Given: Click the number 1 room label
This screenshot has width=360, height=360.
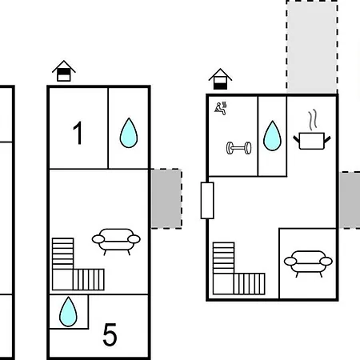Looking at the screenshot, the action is point(78,133).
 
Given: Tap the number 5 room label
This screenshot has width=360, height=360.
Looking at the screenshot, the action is point(110,334).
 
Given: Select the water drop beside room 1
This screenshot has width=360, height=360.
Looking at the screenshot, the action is point(129,133).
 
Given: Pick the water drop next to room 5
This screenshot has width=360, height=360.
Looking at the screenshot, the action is point(68,311).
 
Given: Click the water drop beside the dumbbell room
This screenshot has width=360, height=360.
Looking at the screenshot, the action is point(272,136).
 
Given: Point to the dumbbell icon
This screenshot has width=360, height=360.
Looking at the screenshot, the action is point(238,148).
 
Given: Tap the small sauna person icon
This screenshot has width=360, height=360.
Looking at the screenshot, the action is point(221,108).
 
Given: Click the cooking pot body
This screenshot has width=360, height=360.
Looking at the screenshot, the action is point(312,141).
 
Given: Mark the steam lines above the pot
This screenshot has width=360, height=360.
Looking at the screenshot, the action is point(313,119).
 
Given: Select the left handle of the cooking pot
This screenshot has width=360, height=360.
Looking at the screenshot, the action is point(296,139).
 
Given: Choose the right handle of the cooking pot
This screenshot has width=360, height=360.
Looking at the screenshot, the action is point(327,139).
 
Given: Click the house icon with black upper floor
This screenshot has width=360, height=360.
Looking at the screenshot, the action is point(64,70).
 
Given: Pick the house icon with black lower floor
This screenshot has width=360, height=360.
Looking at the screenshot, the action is point(220,79).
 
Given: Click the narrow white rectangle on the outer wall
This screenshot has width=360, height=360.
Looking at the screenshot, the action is point(207,201).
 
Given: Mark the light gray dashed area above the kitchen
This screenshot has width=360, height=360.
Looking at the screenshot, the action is point(312,46).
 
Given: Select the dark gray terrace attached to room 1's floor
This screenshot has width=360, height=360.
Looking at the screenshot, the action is point(166,198).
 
